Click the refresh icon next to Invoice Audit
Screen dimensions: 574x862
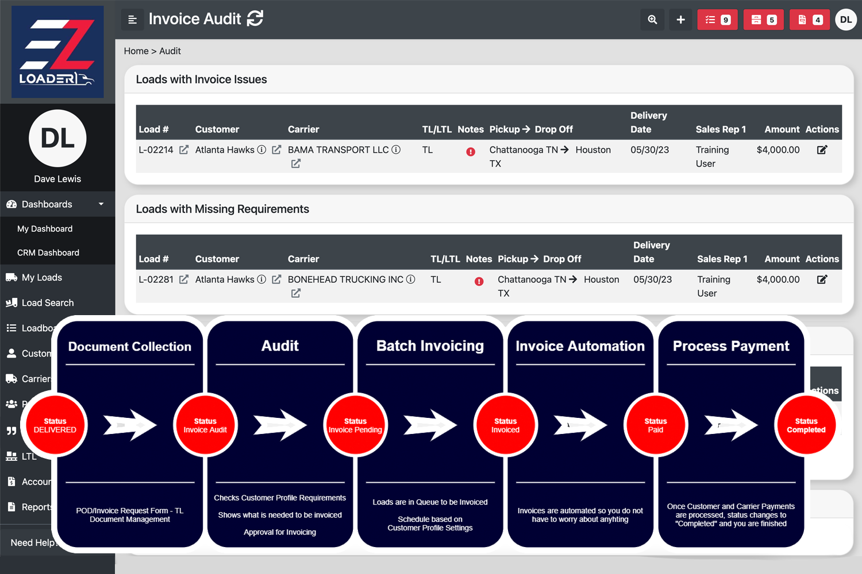click(x=255, y=19)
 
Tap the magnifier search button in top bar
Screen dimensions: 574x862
click(x=652, y=20)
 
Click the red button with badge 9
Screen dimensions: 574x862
click(x=717, y=20)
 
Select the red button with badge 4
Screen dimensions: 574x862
click(x=809, y=20)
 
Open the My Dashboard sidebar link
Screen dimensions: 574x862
click(x=45, y=228)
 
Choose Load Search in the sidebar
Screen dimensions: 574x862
click(x=47, y=302)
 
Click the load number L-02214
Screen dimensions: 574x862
click(x=156, y=150)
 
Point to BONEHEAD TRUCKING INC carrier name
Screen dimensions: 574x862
click(x=345, y=280)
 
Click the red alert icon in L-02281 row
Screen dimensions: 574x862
click(x=479, y=281)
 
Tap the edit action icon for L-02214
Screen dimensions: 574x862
click(x=822, y=150)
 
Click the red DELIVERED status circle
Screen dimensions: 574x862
click(x=55, y=425)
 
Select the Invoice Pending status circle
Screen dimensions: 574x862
click(x=355, y=425)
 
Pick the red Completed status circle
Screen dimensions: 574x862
click(x=806, y=425)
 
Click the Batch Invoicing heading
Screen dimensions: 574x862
click(x=430, y=346)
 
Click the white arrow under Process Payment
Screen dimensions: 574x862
click(x=731, y=425)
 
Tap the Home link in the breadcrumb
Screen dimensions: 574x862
click(x=136, y=51)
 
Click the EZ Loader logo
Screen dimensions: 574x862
click(x=57, y=52)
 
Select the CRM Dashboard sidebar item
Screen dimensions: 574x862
click(x=48, y=253)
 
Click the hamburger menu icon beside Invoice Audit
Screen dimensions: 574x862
click(x=132, y=20)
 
